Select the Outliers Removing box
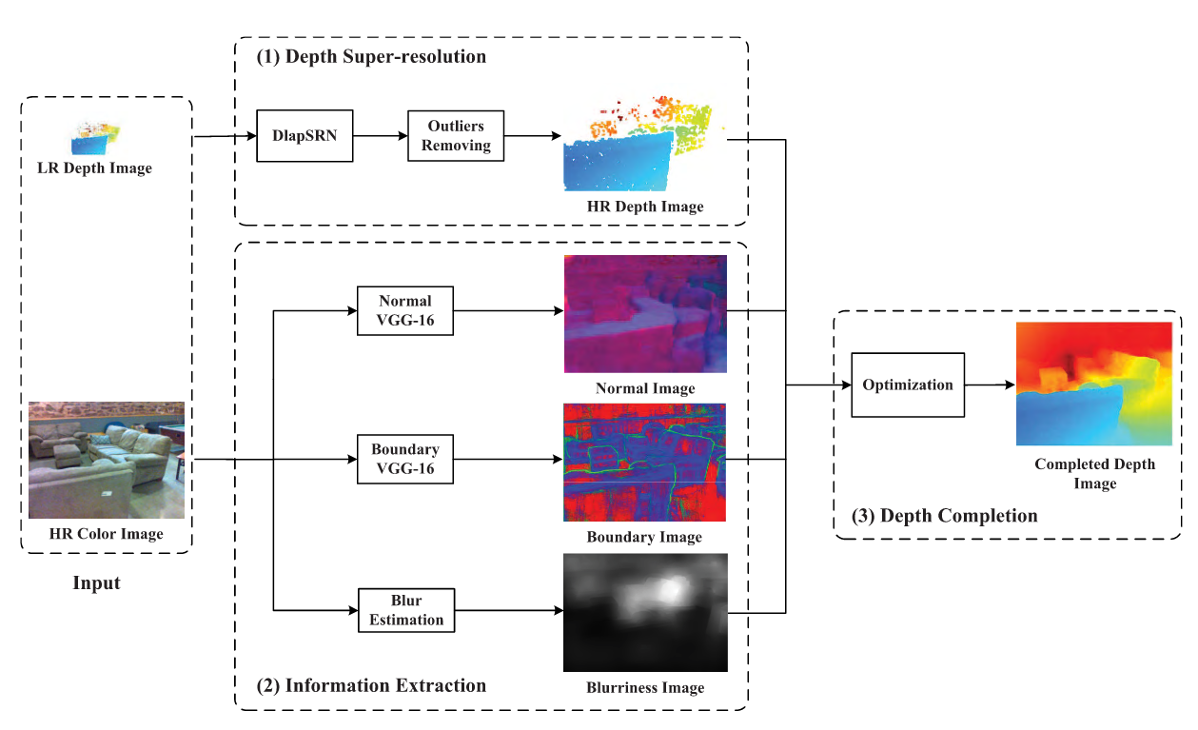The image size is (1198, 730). pyautogui.click(x=455, y=136)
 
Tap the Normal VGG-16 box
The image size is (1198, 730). pyautogui.click(x=405, y=310)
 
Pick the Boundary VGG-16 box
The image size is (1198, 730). pyautogui.click(x=405, y=459)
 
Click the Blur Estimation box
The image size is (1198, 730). pyautogui.click(x=406, y=610)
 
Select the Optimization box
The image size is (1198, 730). pyautogui.click(x=907, y=385)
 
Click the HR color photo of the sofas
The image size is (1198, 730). pyautogui.click(x=106, y=460)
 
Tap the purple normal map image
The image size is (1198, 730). pyautogui.click(x=644, y=314)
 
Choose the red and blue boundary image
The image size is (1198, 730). pyautogui.click(x=644, y=463)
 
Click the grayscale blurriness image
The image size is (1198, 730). pyautogui.click(x=644, y=612)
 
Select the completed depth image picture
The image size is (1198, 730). pyautogui.click(x=1093, y=385)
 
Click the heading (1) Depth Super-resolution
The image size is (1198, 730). pyautogui.click(x=371, y=57)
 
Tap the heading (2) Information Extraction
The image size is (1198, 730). pyautogui.click(x=371, y=685)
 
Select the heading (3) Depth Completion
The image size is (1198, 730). pyautogui.click(x=944, y=516)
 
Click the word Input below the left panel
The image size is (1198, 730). pyautogui.click(x=97, y=582)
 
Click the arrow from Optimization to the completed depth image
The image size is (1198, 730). pyautogui.click(x=990, y=385)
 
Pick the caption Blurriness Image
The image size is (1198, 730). pyautogui.click(x=644, y=687)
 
